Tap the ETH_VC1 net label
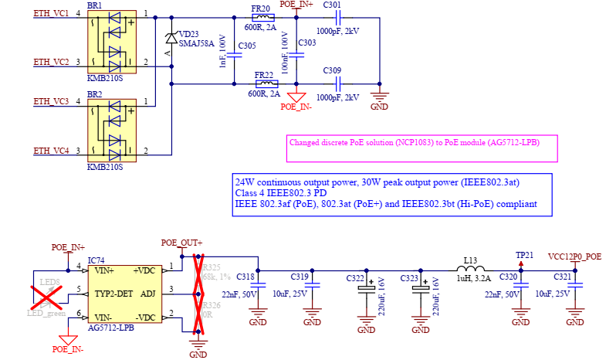point(51,14)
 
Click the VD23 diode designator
point(189,34)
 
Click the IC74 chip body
point(125,294)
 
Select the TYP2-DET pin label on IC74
point(114,294)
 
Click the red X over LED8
point(46,294)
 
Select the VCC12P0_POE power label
point(573,256)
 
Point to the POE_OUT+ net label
point(181,242)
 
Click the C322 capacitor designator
point(355,277)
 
